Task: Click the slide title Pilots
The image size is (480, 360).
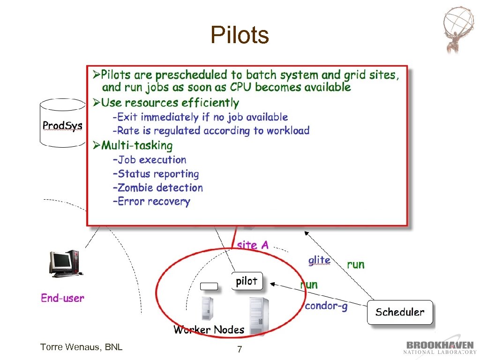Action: point(240,35)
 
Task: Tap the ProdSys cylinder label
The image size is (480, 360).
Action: point(62,126)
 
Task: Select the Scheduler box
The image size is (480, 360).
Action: point(399,312)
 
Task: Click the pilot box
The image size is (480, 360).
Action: point(247,281)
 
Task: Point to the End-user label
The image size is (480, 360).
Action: point(62,298)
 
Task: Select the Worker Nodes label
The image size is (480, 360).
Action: point(209,330)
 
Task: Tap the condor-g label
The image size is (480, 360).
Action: point(326,306)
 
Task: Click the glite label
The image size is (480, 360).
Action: point(319,260)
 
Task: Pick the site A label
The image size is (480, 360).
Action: point(253,245)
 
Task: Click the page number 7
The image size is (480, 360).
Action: point(240,349)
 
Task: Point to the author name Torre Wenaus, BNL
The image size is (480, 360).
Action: point(81,347)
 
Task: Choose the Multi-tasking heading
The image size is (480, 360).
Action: point(136,145)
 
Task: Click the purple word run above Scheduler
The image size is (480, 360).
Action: point(356,264)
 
